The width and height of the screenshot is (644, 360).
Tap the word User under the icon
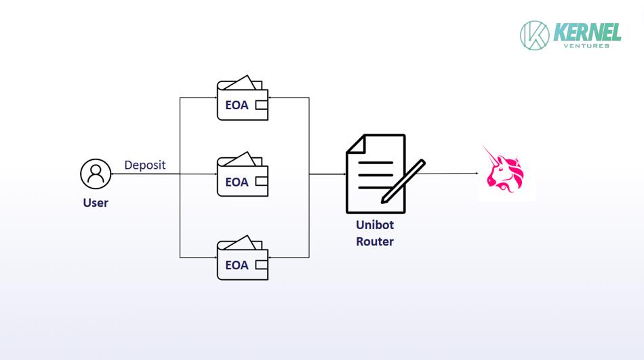[96, 203]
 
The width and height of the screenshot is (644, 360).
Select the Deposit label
[145, 165]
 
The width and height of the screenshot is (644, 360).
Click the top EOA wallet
[243, 98]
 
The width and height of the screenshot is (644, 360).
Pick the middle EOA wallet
[243, 174]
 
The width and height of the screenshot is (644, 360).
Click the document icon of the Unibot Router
[376, 174]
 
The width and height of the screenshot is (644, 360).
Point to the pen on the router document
[403, 181]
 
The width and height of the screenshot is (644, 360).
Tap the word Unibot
[375, 225]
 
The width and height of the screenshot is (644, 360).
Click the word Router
[375, 241]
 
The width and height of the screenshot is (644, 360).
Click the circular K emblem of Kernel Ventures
[534, 35]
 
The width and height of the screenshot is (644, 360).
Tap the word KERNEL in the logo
[587, 32]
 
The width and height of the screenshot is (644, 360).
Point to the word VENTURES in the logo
[586, 45]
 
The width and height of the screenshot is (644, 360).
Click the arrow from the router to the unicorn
[447, 174]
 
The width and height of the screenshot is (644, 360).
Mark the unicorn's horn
[490, 155]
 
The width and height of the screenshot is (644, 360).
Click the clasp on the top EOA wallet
[262, 105]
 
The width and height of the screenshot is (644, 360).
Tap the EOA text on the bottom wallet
[237, 265]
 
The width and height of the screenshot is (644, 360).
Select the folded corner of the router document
[356, 144]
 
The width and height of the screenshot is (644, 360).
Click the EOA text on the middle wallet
[237, 182]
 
